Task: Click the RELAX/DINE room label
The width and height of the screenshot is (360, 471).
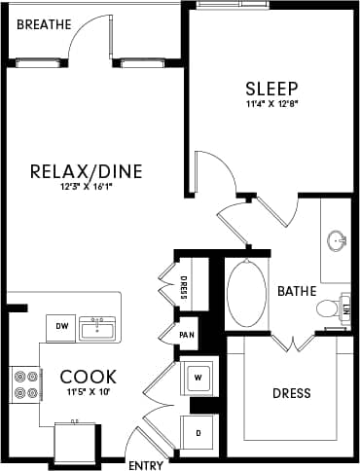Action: (100, 172)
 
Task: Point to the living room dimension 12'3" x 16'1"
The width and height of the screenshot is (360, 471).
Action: (100, 188)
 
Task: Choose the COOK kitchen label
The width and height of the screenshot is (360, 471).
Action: (89, 376)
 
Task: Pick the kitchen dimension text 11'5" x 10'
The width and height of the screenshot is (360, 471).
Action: (89, 391)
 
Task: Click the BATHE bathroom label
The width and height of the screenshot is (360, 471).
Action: (296, 291)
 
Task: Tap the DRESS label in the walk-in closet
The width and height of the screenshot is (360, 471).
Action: (292, 393)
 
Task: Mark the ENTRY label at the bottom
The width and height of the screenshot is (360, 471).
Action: (146, 465)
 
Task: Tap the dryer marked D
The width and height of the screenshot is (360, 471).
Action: (198, 431)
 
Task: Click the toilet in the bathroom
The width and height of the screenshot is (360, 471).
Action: (329, 309)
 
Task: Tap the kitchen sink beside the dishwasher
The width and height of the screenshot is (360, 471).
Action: (97, 328)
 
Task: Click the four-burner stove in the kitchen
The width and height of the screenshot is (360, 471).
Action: (24, 383)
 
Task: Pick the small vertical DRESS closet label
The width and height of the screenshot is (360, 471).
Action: (184, 288)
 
